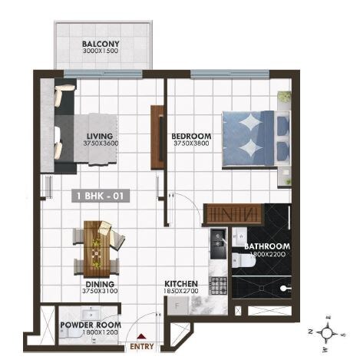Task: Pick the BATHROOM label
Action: tap(266, 247)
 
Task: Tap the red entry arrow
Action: tap(140, 335)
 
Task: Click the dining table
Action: tap(97, 248)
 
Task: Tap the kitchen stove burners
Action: tap(218, 285)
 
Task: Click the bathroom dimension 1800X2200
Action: tap(266, 255)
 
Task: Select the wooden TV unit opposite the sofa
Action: tap(157, 137)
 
